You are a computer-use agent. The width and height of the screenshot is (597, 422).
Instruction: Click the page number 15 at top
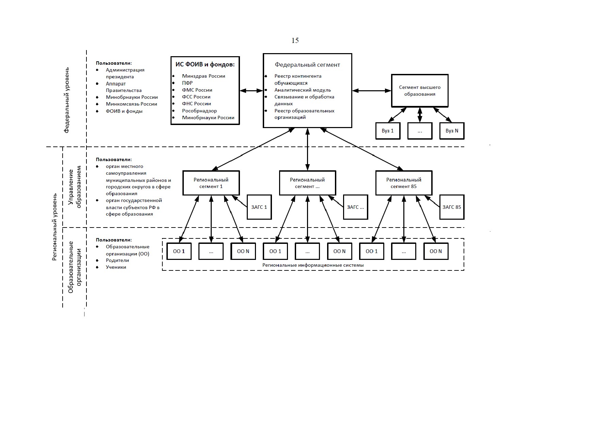point(295,41)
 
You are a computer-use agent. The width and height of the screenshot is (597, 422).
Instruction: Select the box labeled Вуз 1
point(388,131)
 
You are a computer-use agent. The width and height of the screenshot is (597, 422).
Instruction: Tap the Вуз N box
point(452,131)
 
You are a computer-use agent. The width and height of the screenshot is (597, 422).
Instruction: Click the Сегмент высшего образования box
point(420,91)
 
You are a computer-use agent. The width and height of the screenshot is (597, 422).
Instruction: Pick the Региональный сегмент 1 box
point(211,183)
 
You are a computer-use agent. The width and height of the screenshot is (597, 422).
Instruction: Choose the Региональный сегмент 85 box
point(404,183)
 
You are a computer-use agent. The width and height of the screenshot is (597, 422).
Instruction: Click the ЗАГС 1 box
point(259,207)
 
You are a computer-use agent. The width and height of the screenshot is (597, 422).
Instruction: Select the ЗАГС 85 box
point(452,207)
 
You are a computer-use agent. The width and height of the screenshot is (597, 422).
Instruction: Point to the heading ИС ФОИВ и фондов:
point(205,64)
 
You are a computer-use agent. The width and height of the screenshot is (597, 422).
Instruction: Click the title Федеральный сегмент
point(307,65)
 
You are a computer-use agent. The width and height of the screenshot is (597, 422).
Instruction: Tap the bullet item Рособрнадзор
point(199,111)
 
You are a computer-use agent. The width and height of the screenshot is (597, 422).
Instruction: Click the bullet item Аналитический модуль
point(303,90)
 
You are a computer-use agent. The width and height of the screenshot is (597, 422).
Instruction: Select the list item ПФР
point(187,83)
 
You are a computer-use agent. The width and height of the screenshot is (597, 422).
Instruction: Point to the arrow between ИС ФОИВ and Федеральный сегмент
point(252,91)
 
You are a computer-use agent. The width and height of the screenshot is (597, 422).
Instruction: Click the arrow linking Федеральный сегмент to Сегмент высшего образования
point(372,91)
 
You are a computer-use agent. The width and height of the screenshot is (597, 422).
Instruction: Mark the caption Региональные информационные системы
point(313,265)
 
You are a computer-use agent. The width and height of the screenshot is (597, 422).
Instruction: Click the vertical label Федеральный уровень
point(67,100)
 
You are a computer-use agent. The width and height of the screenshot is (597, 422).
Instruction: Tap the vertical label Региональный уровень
point(54,227)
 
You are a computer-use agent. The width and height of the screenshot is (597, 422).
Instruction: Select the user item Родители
point(117,260)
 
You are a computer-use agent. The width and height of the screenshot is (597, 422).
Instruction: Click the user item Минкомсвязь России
point(131,104)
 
